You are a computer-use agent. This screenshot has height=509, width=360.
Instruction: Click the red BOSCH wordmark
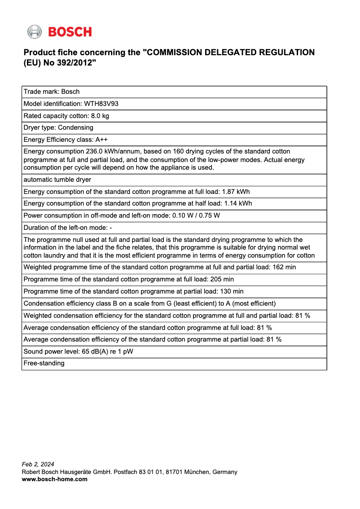(70, 32)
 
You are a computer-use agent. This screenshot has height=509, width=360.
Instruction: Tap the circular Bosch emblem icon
(34, 32)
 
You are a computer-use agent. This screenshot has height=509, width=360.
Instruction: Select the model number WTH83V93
(101, 104)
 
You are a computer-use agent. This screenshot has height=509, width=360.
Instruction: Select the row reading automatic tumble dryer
(57, 180)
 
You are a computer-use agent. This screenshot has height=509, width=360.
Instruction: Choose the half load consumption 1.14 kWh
(237, 203)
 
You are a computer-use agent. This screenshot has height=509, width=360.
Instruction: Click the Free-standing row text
(44, 363)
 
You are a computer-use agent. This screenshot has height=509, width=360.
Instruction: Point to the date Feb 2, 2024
(38, 464)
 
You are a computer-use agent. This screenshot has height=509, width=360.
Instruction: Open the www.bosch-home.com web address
(55, 479)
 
